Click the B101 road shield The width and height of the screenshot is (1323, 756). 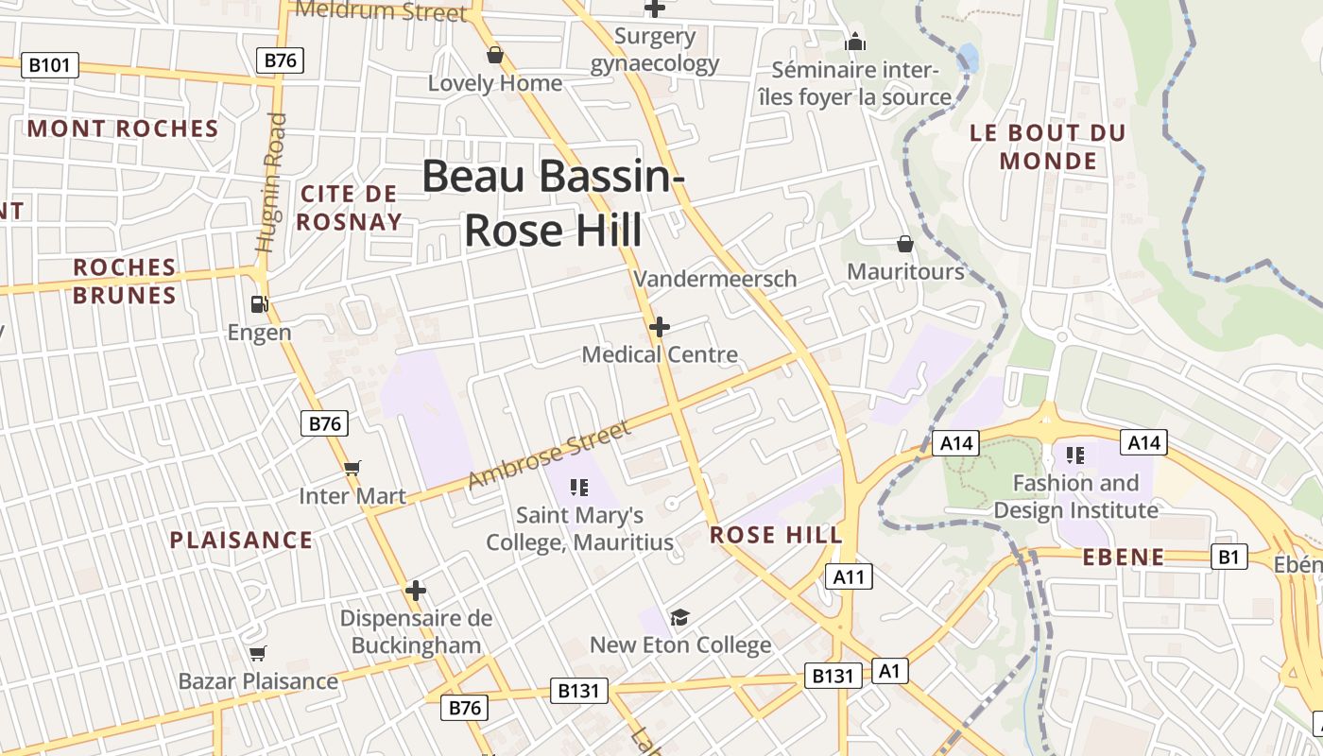(x=50, y=65)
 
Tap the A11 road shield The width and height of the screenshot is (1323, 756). (x=849, y=576)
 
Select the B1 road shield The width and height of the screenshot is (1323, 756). (x=1228, y=557)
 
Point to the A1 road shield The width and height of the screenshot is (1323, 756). (x=889, y=671)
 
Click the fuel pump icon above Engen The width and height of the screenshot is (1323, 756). (x=259, y=304)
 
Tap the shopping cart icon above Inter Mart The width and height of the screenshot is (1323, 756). (x=352, y=468)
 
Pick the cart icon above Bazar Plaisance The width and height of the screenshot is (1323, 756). (x=257, y=653)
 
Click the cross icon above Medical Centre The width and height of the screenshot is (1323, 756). (x=660, y=327)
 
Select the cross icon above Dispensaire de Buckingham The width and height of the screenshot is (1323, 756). (x=416, y=591)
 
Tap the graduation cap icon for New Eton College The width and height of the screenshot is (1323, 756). (x=679, y=618)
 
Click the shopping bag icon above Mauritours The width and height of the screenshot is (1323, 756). (x=905, y=244)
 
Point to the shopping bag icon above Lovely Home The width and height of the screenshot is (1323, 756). (x=494, y=55)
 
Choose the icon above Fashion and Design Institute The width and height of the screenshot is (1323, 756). (x=1074, y=455)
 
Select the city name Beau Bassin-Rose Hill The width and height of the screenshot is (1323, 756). (x=553, y=203)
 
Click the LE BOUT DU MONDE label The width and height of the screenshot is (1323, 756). (x=1048, y=146)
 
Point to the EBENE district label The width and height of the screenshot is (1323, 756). (x=1123, y=558)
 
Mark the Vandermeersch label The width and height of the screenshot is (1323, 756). (x=715, y=279)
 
